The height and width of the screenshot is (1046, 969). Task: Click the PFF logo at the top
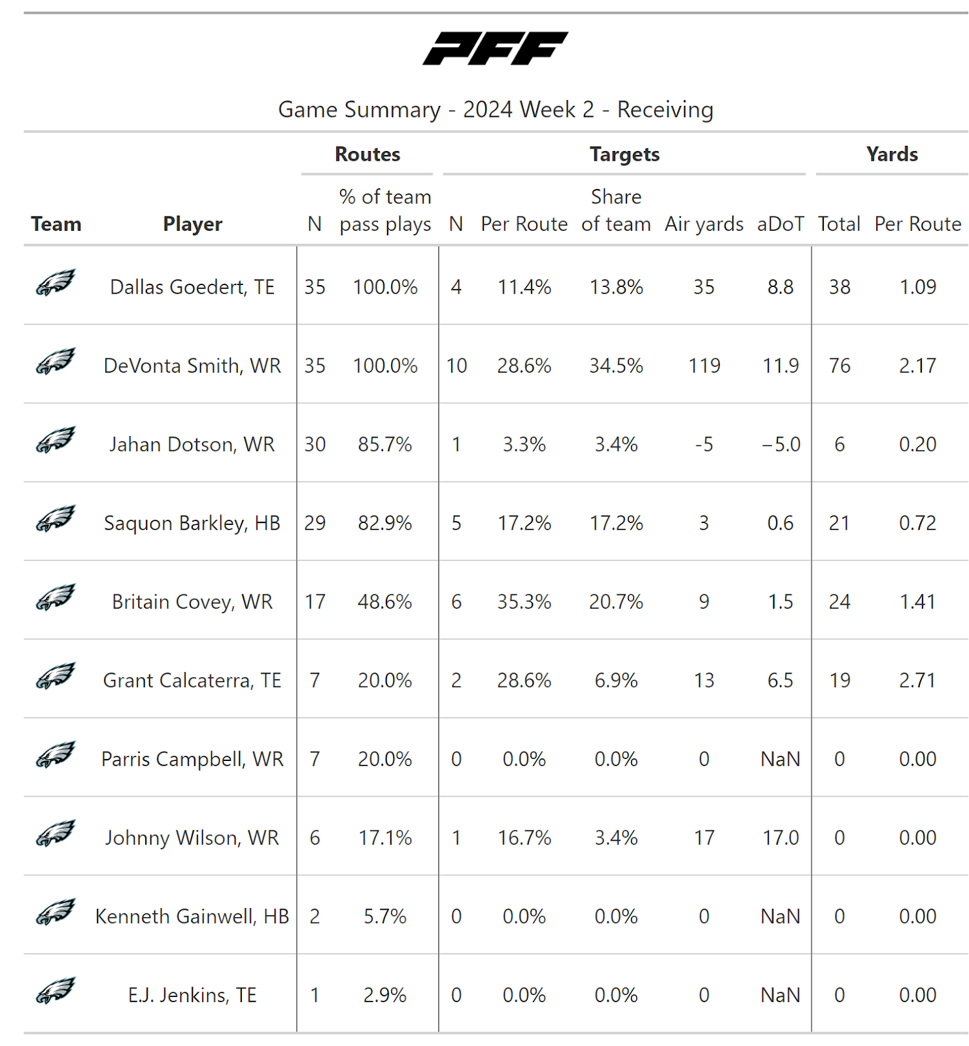495,48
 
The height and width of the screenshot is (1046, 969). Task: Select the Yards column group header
892,154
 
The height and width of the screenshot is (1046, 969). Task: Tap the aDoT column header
780,224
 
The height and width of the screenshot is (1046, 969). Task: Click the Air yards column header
704,224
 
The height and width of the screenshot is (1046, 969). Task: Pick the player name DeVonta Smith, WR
192,365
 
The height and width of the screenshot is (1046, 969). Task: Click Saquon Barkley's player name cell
192,523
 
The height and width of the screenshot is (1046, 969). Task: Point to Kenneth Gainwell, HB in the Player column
192,917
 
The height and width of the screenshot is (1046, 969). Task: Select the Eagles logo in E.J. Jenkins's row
56,990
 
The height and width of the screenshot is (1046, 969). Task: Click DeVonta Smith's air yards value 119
704,365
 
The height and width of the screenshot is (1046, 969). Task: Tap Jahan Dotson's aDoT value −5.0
781,445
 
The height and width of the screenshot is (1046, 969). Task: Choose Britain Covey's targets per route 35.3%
524,601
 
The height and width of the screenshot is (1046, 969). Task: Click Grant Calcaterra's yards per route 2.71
917,681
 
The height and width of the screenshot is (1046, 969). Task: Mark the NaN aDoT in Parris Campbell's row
780,759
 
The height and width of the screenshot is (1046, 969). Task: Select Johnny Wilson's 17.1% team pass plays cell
385,838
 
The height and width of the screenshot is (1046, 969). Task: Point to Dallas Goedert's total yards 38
840,287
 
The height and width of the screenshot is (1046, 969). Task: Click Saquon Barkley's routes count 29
314,523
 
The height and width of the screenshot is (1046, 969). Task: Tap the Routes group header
367,154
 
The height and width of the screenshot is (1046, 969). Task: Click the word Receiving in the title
665,110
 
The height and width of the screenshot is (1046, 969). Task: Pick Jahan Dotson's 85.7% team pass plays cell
385,445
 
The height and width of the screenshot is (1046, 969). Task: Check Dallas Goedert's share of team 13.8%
616,287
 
